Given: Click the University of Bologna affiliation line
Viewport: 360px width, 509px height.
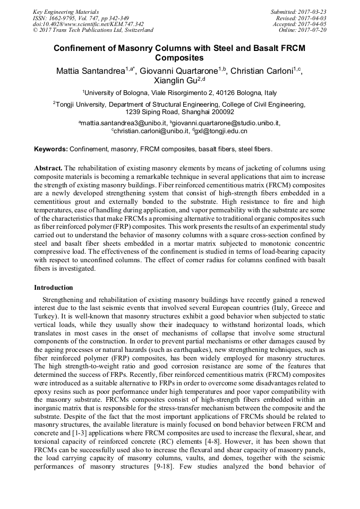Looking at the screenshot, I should (179, 92).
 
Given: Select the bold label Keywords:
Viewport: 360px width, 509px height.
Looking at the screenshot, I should (50, 150).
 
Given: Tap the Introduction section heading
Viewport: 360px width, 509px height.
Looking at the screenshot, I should (54, 287).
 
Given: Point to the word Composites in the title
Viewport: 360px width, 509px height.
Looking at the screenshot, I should (179, 57).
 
